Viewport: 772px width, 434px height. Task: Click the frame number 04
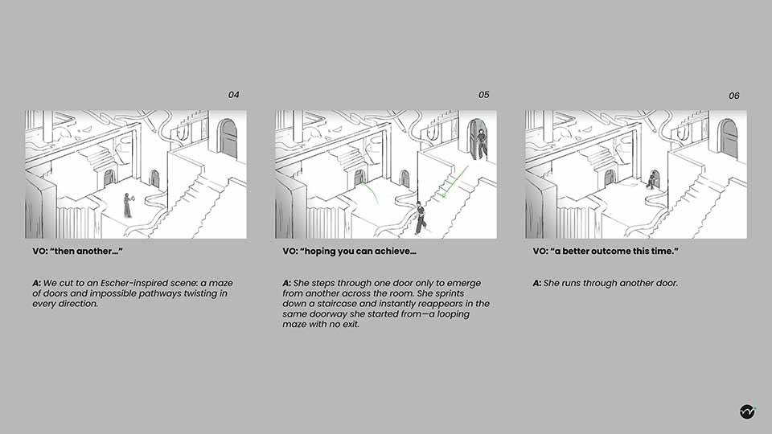click(233, 95)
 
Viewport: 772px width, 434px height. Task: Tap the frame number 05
click(483, 95)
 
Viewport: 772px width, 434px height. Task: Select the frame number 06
click(733, 96)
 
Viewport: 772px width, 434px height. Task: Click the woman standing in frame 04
click(127, 206)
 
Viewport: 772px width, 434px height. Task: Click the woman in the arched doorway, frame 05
click(480, 142)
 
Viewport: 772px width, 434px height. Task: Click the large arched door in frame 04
click(228, 138)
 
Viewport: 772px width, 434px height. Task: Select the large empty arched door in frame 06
click(728, 138)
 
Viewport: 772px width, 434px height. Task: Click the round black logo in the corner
click(747, 411)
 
